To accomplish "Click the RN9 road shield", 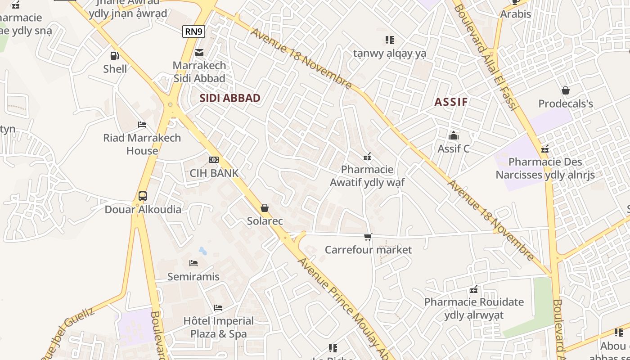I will click(x=194, y=31).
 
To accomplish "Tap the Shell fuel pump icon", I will click(x=115, y=56).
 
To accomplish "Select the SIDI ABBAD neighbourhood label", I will click(x=230, y=98).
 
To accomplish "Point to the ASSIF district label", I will click(x=451, y=102).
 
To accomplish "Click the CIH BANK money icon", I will click(x=214, y=160).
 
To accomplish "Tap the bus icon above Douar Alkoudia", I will click(x=143, y=196).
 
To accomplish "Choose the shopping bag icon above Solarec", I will click(x=265, y=208).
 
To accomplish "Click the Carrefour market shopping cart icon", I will click(x=368, y=237).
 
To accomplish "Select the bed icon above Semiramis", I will click(x=193, y=263).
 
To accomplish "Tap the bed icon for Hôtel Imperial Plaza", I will click(x=218, y=308).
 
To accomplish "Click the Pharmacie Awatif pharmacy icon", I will click(x=367, y=157).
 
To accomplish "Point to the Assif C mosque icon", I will click(x=454, y=135).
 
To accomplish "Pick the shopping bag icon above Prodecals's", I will click(x=566, y=90).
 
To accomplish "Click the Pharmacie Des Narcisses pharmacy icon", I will click(x=545, y=148).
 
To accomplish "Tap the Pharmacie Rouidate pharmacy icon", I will click(x=474, y=289).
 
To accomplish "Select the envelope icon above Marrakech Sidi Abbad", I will click(x=199, y=52).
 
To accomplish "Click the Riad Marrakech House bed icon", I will click(x=142, y=125).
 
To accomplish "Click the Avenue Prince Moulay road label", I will click(x=342, y=306).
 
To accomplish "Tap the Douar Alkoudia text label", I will click(x=143, y=210).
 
